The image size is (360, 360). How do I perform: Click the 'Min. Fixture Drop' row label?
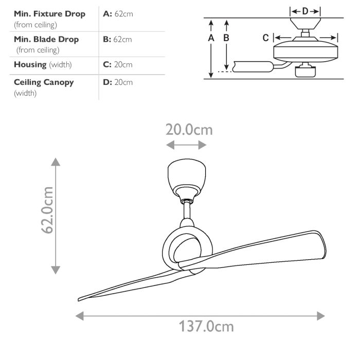(49, 14)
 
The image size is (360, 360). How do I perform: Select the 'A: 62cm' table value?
(118, 14)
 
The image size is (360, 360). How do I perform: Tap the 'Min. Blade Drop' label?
(46, 39)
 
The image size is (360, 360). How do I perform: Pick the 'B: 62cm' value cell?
(118, 39)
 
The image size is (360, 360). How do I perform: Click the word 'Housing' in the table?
(30, 64)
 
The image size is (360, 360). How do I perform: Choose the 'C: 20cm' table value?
(118, 64)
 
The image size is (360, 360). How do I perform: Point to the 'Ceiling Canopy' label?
(44, 82)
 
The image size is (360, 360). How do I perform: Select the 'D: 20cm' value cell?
(118, 82)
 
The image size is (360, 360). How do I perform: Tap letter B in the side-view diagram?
(226, 38)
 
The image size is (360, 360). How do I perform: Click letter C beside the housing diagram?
(265, 38)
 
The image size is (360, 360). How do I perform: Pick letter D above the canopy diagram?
(305, 11)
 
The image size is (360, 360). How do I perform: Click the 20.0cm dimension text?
(188, 129)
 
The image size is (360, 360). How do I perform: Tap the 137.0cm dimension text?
(206, 326)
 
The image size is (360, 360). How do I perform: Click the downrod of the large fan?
(187, 210)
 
